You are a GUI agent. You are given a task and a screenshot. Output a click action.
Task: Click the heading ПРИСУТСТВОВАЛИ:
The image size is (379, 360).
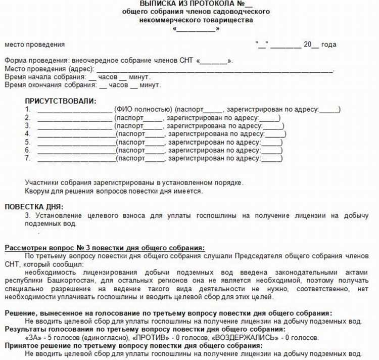tap(61, 101)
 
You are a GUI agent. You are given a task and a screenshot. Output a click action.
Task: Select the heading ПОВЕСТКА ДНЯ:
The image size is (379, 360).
tap(34, 206)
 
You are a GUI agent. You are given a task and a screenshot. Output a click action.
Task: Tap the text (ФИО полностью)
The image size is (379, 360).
tap(144, 109)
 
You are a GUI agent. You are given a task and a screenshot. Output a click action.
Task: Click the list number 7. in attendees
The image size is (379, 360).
tap(28, 158)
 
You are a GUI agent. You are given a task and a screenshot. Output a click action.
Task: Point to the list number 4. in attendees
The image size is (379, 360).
tap(28, 134)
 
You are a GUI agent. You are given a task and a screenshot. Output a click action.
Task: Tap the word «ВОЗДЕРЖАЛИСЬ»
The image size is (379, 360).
tap(240, 337)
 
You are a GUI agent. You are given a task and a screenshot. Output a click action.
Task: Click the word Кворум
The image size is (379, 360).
tap(38, 191)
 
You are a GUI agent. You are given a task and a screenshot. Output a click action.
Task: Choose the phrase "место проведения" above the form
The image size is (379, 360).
tap(35, 44)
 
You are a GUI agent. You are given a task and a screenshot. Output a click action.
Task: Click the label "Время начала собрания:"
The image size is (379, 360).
tap(44, 77)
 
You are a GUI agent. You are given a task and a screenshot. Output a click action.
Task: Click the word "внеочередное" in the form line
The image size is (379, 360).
tap(97, 61)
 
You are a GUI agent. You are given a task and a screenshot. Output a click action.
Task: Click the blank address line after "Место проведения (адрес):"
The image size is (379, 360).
tap(215, 69)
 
